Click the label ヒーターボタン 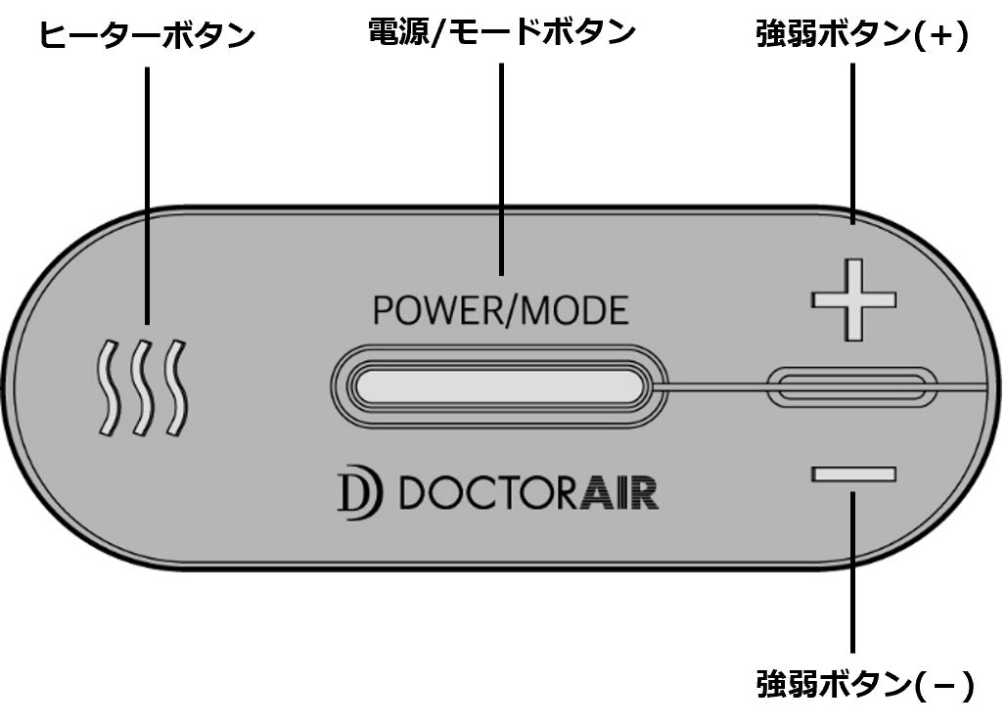[x=147, y=36]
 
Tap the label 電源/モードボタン [x=501, y=31]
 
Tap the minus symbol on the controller [x=853, y=475]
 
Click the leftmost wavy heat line [x=106, y=387]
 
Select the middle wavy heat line [x=141, y=387]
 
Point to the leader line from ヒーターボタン [x=148, y=196]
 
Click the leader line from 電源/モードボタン [x=501, y=166]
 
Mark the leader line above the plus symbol [x=853, y=147]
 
